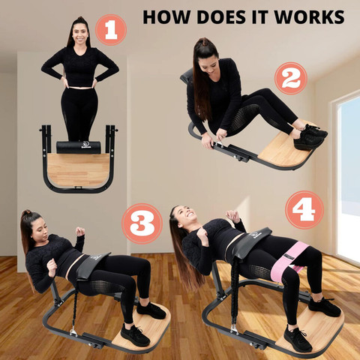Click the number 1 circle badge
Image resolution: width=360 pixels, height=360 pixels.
tap(111, 30)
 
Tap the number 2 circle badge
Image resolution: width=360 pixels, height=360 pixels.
tap(291, 78)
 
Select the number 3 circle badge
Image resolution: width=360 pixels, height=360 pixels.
tap(142, 223)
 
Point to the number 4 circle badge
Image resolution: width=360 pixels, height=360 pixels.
tap(304, 210)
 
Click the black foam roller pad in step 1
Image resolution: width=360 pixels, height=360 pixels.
tap(79, 148)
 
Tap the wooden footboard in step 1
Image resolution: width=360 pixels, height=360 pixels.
tap(78, 170)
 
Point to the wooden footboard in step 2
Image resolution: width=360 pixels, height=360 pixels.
tap(287, 148)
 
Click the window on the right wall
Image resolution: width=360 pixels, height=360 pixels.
tap(349, 175)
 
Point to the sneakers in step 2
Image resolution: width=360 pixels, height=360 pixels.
tap(310, 137)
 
